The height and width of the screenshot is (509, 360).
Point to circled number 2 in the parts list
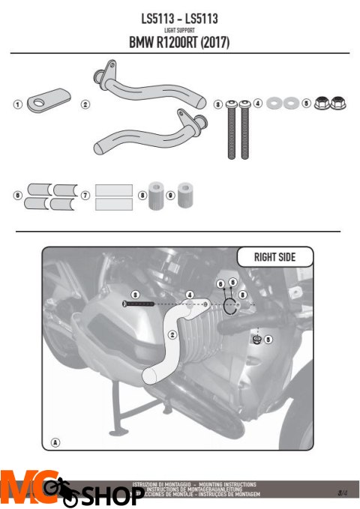coord(85,104)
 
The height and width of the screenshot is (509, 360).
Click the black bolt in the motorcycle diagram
coord(141,305)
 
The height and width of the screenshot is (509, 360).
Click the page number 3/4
coord(342,492)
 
